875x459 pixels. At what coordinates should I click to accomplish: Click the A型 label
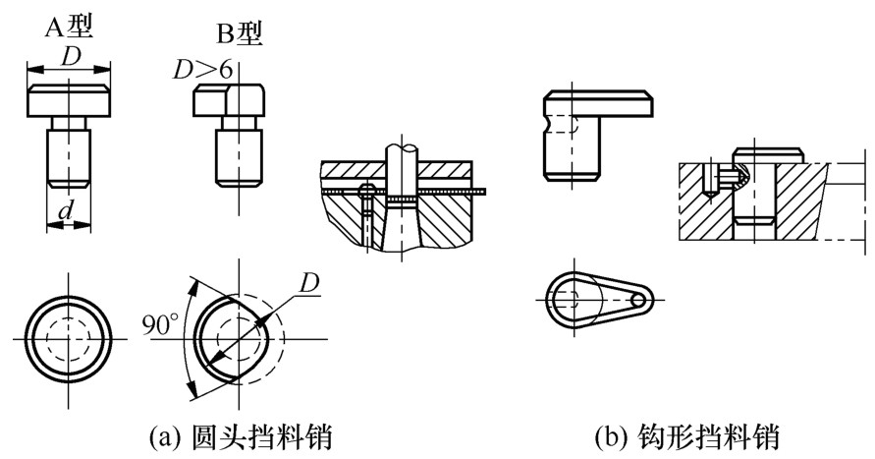(x=69, y=27)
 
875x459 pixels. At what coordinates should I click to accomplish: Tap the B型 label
(x=239, y=34)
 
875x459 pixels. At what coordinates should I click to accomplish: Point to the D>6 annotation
(x=201, y=71)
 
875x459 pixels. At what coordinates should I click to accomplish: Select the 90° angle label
(x=160, y=324)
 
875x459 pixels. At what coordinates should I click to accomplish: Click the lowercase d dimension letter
(x=67, y=211)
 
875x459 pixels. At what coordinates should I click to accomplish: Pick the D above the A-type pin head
(x=69, y=57)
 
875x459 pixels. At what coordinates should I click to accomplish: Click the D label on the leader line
(x=308, y=284)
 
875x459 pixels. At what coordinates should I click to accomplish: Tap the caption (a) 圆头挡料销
(x=241, y=436)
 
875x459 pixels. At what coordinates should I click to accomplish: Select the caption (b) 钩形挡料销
(x=687, y=436)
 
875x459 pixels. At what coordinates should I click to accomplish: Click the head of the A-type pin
(x=69, y=101)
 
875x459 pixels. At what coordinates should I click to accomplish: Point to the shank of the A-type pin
(x=68, y=158)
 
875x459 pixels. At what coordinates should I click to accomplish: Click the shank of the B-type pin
(x=239, y=158)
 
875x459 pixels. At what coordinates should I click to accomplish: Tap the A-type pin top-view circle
(x=68, y=339)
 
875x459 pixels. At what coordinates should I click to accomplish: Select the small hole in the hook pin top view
(x=638, y=301)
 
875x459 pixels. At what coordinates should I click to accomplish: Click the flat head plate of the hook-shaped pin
(x=598, y=103)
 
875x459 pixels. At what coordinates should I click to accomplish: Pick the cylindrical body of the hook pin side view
(x=573, y=148)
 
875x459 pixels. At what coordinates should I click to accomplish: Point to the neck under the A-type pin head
(x=68, y=123)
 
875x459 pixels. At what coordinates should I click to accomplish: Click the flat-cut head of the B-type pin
(x=229, y=101)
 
